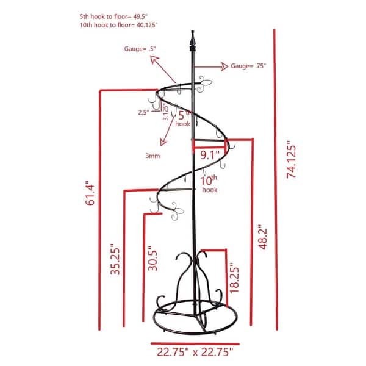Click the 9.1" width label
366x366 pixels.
point(209,155)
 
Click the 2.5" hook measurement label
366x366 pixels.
point(143,112)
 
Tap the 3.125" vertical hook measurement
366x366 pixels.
point(166,113)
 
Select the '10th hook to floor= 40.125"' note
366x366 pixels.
point(119,26)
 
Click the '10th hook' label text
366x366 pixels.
point(209,182)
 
